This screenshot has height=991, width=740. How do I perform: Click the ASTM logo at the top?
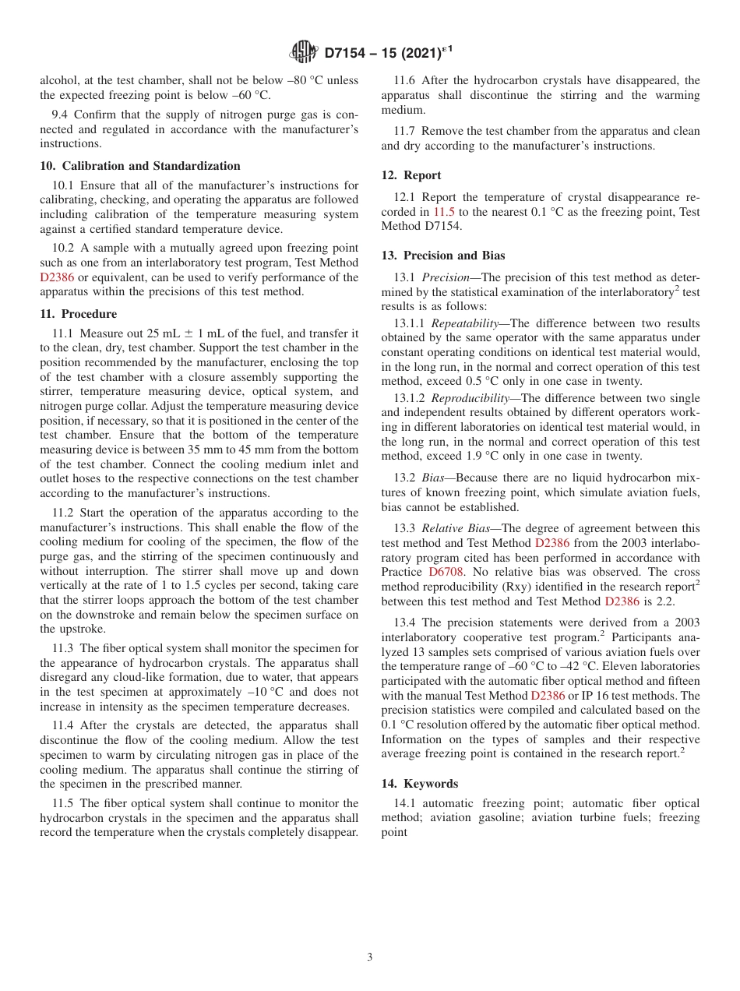point(303,52)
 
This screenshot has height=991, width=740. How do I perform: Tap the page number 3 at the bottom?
point(370,957)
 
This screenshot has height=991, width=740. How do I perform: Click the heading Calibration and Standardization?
point(150,166)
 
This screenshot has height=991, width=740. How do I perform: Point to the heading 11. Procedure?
point(78,314)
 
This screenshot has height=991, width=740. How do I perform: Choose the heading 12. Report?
point(411,175)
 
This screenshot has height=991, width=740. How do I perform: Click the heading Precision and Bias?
point(453,256)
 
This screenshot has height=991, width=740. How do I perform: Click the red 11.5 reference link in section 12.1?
point(444,212)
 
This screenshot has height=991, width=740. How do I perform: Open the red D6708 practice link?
point(446,572)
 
